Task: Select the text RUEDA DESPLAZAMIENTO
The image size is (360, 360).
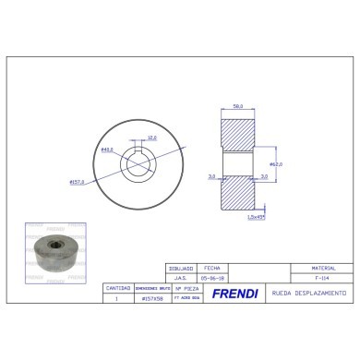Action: coord(307,293)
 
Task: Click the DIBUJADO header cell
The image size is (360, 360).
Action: coord(182,268)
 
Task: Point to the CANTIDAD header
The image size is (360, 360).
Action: coord(117,288)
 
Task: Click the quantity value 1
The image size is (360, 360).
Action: coord(117,298)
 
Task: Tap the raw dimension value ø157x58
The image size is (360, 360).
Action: coord(149,298)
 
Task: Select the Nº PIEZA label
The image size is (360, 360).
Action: coord(182,288)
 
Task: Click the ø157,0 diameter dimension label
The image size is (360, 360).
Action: coord(78,182)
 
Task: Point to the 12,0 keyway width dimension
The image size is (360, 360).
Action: coord(151,138)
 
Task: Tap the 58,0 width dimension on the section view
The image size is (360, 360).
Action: coord(237,107)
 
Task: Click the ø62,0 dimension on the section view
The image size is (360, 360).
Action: coord(274,163)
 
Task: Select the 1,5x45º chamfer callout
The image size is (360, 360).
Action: coord(256,218)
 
